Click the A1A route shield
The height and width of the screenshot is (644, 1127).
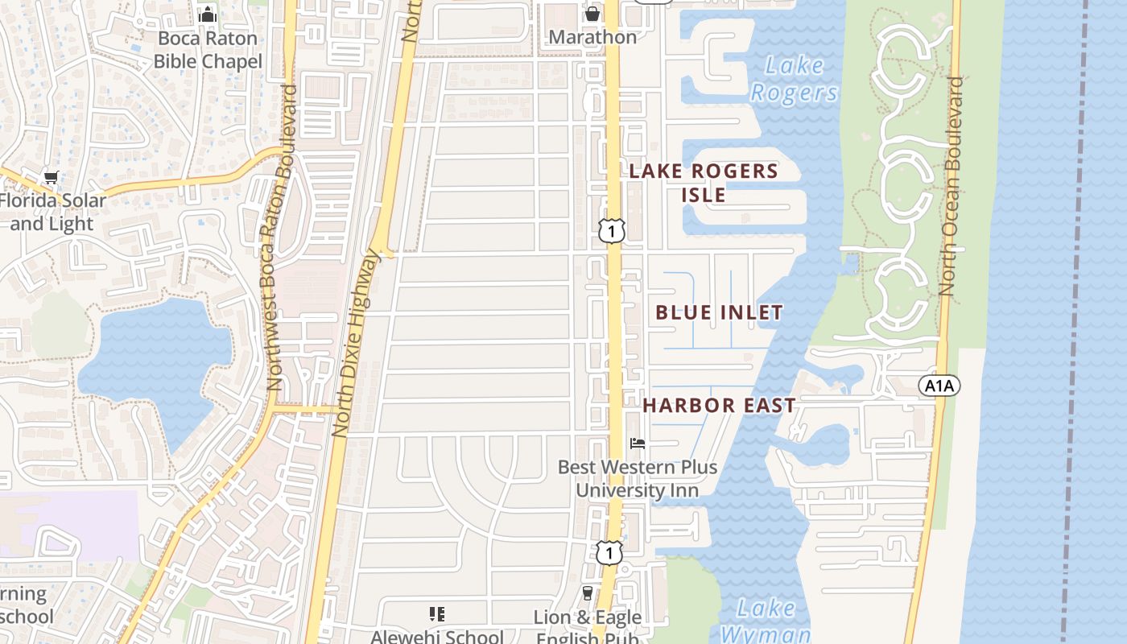[939, 386]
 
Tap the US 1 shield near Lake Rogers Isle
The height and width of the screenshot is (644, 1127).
[612, 230]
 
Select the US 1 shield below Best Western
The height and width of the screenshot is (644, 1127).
[609, 551]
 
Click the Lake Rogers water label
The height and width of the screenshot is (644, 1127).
[794, 79]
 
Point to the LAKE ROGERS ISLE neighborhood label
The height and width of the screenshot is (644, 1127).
[704, 183]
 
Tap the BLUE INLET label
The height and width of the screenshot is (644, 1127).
[719, 312]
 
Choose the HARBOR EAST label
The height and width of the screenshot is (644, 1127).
[719, 406]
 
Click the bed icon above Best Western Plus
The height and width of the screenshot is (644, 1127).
[638, 444]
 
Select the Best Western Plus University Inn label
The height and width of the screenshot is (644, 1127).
[637, 478]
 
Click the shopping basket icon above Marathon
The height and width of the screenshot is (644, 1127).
[592, 14]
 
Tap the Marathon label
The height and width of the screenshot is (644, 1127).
[592, 37]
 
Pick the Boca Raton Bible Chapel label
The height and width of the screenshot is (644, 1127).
[208, 50]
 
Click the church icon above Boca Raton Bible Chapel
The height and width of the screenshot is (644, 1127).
[208, 14]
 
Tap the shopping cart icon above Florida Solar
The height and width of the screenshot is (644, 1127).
[52, 177]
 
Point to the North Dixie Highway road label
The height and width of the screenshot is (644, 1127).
[355, 345]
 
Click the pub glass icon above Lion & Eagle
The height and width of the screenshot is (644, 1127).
[588, 593]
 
